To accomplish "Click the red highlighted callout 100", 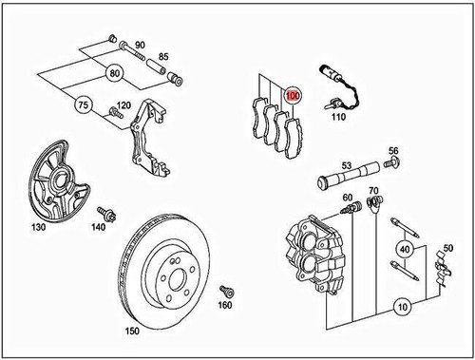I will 293,95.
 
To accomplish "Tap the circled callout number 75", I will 82,106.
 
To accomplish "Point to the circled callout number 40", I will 406,250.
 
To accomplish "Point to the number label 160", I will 224,306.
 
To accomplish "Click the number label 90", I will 139,45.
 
